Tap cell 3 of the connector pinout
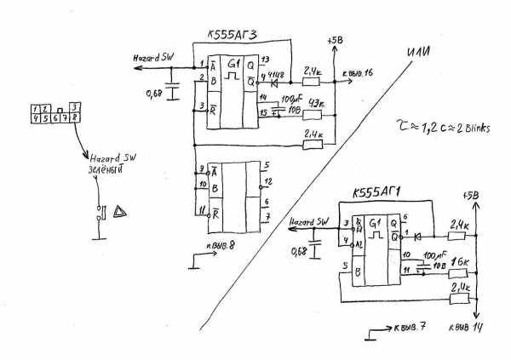click(76, 108)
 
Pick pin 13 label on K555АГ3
click(266, 60)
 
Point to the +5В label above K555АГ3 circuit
click(334, 40)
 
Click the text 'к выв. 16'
click(358, 75)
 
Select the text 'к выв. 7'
click(410, 328)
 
